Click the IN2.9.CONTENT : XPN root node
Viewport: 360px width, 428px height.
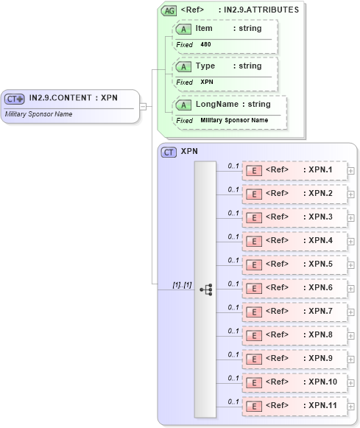coord(70,99)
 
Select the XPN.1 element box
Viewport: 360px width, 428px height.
coord(294,171)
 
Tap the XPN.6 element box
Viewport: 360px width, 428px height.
coord(294,288)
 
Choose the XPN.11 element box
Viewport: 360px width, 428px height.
coord(294,406)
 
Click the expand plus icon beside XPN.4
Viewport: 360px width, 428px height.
coord(351,242)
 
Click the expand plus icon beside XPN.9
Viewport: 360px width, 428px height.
coord(351,359)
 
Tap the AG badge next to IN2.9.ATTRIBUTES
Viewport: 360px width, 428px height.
coord(169,10)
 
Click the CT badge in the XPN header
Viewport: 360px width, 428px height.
coord(169,152)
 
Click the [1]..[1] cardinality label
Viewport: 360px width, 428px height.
coord(181,284)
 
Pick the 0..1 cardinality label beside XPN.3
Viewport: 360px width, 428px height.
coord(233,213)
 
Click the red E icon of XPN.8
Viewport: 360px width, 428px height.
coord(253,335)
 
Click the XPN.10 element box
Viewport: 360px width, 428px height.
coord(294,382)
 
